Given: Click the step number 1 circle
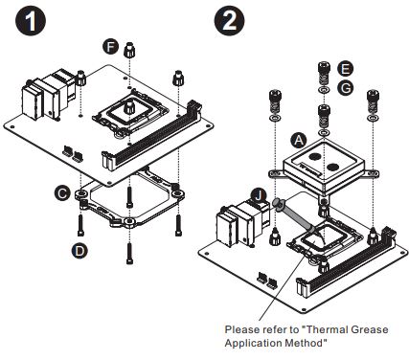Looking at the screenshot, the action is (x=31, y=20).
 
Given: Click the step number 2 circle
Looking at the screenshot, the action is (x=229, y=20).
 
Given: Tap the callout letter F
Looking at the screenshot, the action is (x=110, y=47).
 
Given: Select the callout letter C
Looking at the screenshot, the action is (x=62, y=193).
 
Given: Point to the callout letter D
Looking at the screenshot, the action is (x=80, y=250).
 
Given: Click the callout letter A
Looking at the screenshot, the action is (x=299, y=141).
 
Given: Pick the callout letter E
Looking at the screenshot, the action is (x=346, y=69).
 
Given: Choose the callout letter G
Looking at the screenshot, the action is (x=346, y=88).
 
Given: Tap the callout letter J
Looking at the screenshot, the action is (x=259, y=195).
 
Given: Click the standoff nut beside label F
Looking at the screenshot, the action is (x=129, y=49).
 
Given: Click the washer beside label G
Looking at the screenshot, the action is (x=323, y=89).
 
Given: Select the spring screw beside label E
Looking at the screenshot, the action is (x=323, y=74).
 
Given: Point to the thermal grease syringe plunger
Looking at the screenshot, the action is (x=278, y=203).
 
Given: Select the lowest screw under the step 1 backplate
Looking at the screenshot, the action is (x=129, y=254).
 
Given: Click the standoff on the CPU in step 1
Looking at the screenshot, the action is (x=129, y=107).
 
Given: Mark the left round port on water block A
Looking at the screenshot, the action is (x=315, y=156).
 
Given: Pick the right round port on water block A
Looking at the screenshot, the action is (x=332, y=167).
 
